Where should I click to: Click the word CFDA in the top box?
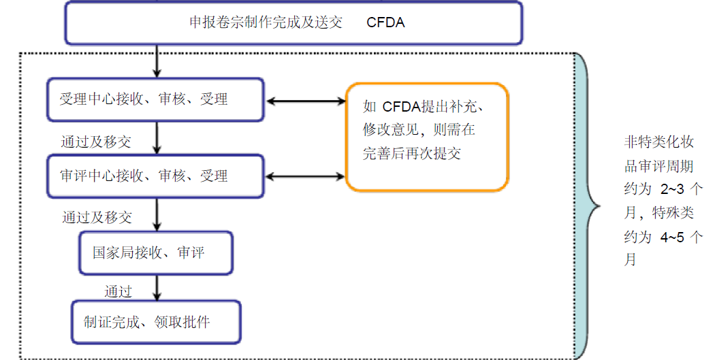tap(385, 22)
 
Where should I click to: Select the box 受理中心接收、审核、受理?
tap(156, 99)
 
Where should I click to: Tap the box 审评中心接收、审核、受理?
tap(156, 176)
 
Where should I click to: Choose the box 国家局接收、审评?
tap(156, 253)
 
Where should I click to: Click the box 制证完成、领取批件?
tap(156, 322)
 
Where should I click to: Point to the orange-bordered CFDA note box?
tap(427, 137)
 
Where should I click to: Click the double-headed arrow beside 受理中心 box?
tap(306, 101)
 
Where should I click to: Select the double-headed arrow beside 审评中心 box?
tap(306, 177)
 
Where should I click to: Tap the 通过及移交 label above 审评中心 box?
tap(95, 142)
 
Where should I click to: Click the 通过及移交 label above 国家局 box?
tap(97, 218)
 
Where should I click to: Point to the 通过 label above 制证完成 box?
tap(118, 291)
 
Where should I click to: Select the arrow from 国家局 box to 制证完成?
tap(157, 287)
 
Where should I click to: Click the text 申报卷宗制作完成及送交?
tap(266, 22)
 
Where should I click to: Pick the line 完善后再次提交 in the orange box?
tap(412, 153)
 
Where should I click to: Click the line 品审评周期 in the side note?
tap(659, 166)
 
